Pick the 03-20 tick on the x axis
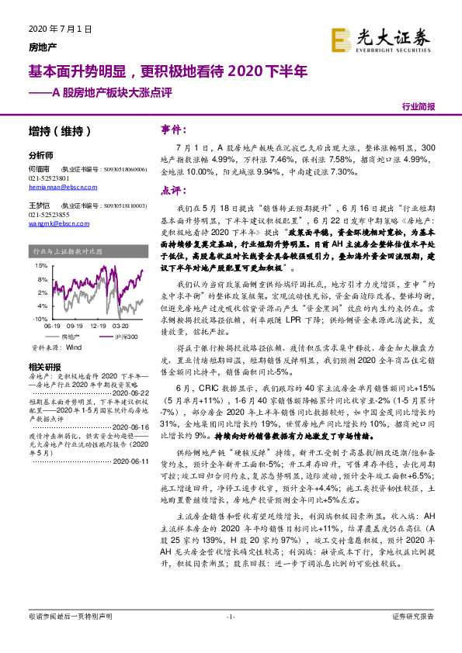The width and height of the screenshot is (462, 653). click(122, 326)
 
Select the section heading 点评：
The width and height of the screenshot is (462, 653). click(172, 191)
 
